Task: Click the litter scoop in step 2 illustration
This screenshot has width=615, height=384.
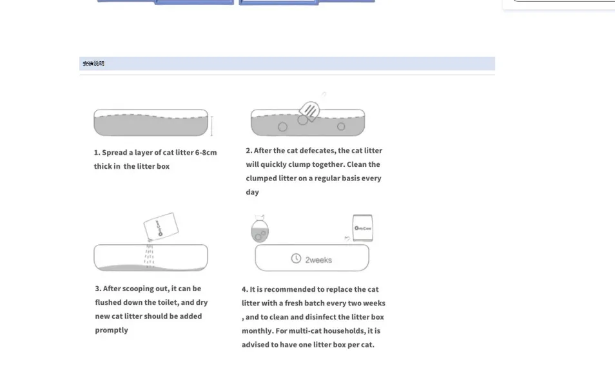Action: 309,110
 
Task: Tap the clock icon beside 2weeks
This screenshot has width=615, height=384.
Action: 296,258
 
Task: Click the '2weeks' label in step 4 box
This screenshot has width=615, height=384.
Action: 318,260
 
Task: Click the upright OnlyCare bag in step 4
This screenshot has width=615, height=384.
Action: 363,228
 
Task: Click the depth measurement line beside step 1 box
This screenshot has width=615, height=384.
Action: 211,126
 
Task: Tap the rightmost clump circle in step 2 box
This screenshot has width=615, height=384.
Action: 341,126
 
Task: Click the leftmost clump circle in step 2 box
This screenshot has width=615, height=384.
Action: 282,127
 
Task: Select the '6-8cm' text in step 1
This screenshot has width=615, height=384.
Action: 206,153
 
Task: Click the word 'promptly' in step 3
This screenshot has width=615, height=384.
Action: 112,330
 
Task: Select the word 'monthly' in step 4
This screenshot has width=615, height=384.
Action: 256,331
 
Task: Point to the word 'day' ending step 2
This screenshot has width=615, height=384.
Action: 252,192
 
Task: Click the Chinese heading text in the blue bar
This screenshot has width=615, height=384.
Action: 93,64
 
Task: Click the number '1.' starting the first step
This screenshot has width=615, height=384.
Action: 97,153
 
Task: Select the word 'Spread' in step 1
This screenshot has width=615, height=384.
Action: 114,153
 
